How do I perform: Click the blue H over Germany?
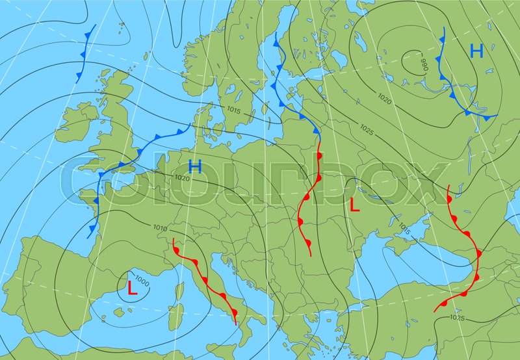[x=195, y=166]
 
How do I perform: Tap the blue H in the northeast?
[x=477, y=51]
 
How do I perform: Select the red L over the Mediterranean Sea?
[x=132, y=289]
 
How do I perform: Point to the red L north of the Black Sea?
[x=354, y=205]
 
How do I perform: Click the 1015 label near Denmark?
[x=234, y=110]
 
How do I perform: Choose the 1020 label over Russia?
[x=385, y=99]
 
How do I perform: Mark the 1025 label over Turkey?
[x=457, y=317]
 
